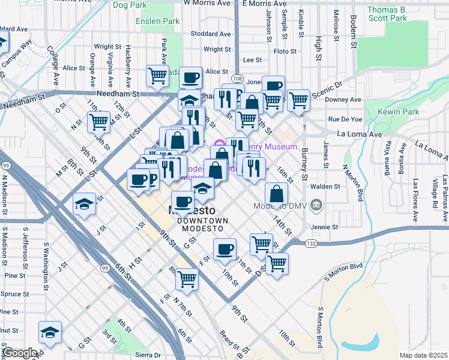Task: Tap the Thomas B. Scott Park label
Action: click(x=387, y=14)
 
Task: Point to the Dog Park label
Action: click(x=129, y=5)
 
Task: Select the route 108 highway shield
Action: click(x=237, y=79)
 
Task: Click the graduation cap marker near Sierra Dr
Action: click(x=50, y=331)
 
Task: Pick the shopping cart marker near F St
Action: click(x=187, y=278)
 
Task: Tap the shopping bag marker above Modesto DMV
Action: click(x=276, y=193)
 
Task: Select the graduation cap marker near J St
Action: click(x=84, y=204)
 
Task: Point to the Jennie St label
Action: click(x=325, y=227)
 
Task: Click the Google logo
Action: click(x=19, y=352)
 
